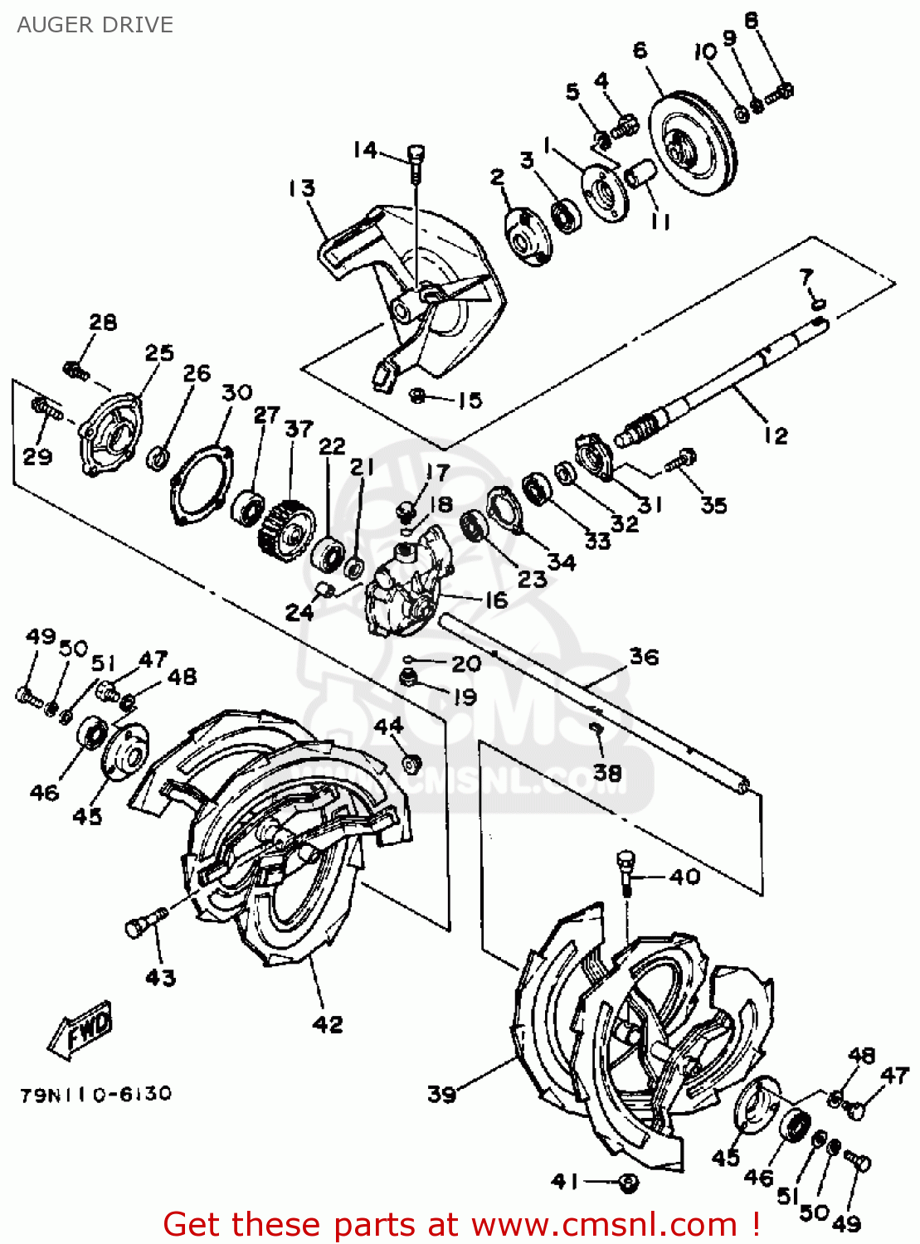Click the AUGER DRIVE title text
point(95,25)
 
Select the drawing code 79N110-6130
point(95,1095)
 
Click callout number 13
point(302,188)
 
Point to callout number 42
point(328,1024)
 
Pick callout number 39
point(442,1094)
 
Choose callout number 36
point(644,657)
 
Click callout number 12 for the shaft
point(776,435)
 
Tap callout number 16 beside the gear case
point(496,600)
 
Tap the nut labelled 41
point(629,1181)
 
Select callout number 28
point(103,322)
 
